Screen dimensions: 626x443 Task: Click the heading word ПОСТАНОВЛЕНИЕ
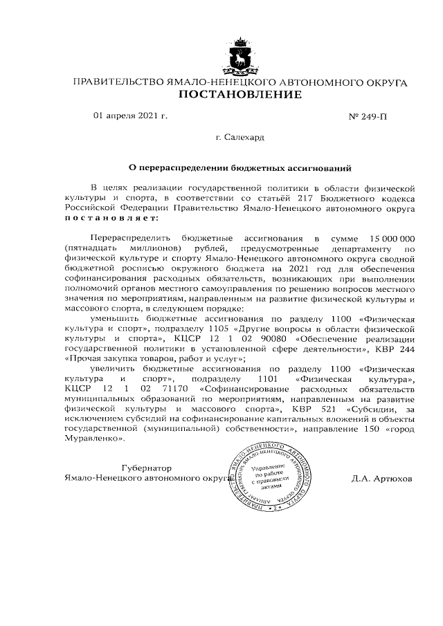239,95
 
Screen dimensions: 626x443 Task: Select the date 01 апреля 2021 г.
130,116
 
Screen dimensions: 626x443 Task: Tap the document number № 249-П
368,116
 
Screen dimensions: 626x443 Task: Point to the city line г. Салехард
239,137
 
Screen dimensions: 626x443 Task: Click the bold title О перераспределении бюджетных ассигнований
239,167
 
